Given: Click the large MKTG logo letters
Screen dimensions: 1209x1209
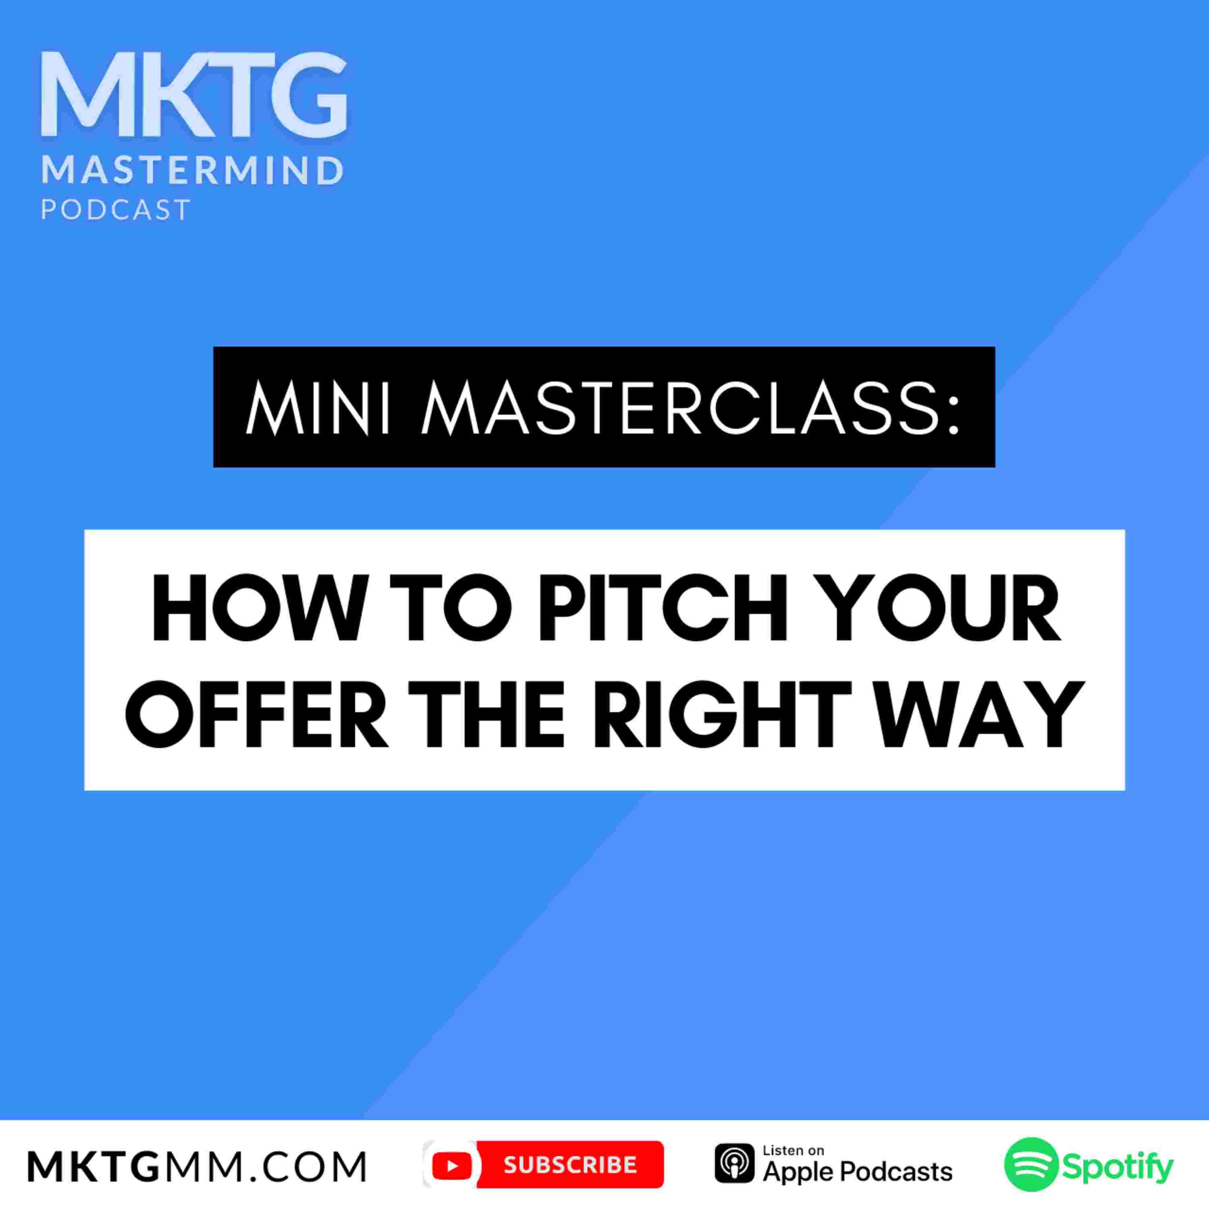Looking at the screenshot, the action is point(194,95).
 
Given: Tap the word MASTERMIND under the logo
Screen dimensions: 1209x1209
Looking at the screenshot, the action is point(193,171).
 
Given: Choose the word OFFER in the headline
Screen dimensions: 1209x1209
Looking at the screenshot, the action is point(257,714).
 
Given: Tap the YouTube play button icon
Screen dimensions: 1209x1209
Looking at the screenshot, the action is point(452,1165).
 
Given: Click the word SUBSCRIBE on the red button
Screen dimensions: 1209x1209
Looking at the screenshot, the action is point(570,1165).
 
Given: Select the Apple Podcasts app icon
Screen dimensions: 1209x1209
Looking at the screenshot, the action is point(735,1164).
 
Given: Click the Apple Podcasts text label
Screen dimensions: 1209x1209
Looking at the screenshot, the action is point(857,1172).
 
